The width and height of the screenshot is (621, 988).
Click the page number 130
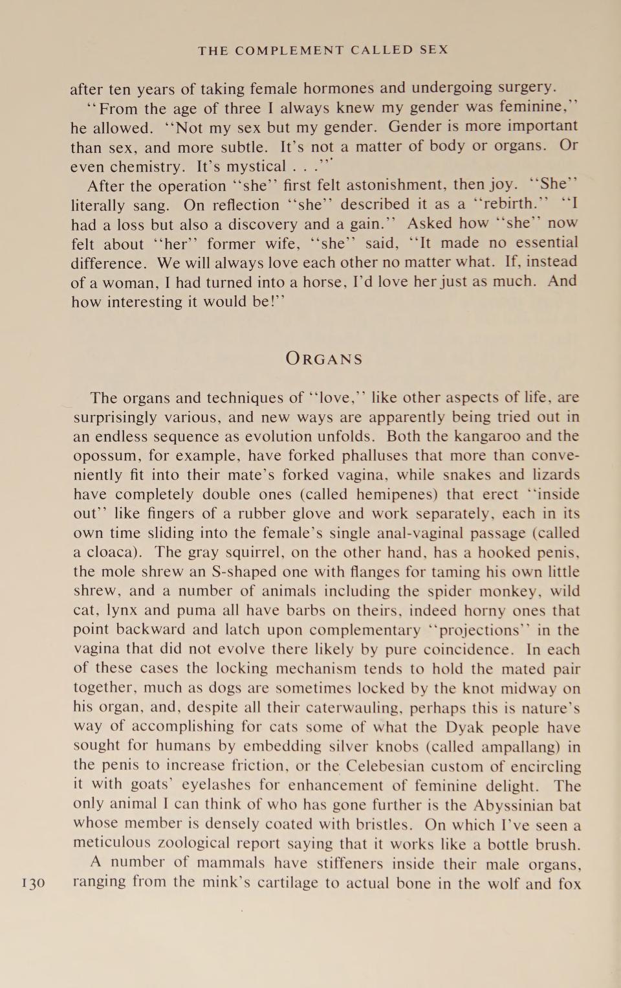tap(33, 882)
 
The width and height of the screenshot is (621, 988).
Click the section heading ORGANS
tap(324, 359)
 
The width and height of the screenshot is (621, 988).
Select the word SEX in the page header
tap(434, 50)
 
